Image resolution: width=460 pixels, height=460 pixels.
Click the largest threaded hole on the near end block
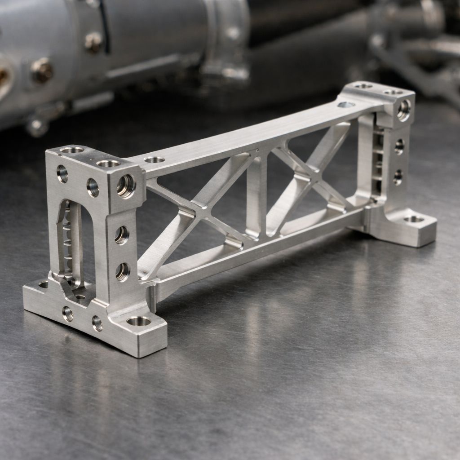(126, 186)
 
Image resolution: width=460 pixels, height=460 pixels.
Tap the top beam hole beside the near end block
(154, 159)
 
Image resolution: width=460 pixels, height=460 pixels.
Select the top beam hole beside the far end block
(345, 105)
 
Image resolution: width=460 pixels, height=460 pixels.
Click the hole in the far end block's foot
(414, 219)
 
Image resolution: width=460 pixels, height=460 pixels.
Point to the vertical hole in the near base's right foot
(138, 321)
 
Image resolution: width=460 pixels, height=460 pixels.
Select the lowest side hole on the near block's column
(122, 271)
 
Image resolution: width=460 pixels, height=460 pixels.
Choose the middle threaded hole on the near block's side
(121, 234)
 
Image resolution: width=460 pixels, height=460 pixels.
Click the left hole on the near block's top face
(72, 150)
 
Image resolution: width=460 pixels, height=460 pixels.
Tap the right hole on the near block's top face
(108, 164)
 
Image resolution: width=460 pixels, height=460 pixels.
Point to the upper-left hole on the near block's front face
(62, 173)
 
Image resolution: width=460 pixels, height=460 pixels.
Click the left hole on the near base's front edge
(68, 313)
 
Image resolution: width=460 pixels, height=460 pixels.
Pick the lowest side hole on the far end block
(398, 177)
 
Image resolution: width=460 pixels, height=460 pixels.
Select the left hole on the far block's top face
(363, 86)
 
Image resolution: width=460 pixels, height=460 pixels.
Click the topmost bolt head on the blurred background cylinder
(93, 42)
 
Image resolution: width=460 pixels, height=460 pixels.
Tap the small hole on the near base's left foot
(44, 284)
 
